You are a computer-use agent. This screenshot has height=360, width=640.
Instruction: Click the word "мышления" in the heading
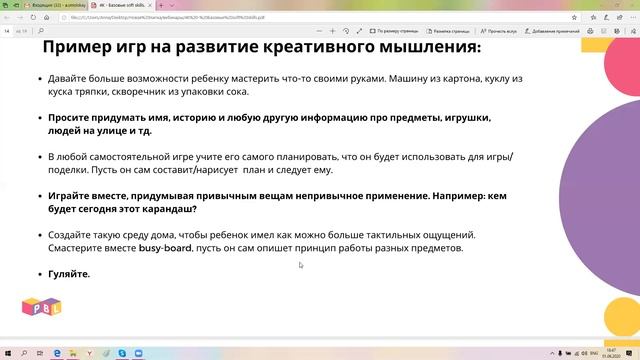[427, 47]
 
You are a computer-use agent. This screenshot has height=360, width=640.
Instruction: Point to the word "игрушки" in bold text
[463, 117]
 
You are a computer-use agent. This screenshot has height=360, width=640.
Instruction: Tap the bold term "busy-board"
[166, 248]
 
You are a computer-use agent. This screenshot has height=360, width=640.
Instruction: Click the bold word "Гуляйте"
[68, 273]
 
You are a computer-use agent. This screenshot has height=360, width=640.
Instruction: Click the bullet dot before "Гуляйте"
[39, 273]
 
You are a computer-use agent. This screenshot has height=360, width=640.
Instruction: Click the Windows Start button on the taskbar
[8, 353]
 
